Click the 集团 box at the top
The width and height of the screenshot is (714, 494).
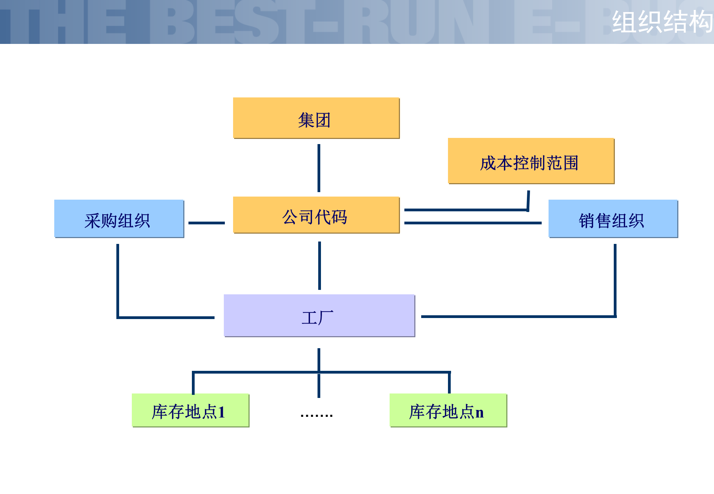pos(316,118)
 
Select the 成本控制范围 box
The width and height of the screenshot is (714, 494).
pos(531,161)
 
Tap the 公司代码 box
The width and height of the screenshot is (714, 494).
pos(316,215)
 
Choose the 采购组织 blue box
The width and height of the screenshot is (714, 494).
pos(119,219)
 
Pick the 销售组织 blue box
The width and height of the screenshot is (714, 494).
pos(613,219)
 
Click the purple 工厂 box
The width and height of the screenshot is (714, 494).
pos(319,316)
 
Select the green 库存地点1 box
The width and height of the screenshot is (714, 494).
pos(190,410)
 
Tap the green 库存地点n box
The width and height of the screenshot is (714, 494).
pos(448,410)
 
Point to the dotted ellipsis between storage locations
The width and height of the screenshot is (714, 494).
pos(316,415)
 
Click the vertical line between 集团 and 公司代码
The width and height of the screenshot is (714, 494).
pos(319,168)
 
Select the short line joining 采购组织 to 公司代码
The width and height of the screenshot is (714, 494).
pos(206,223)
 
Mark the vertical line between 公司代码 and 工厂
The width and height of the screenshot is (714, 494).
pos(320,266)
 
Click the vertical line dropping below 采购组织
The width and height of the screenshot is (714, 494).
pos(118,280)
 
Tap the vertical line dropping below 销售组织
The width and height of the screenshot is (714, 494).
pos(615,280)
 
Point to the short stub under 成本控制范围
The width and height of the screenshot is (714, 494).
pos(528,201)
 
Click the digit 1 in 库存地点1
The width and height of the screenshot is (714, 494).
pos(221,412)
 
